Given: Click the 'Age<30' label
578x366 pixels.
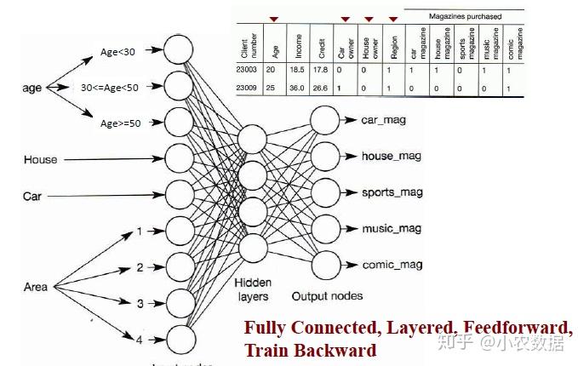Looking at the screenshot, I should [117, 53].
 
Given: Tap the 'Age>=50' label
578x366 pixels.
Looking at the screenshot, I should [121, 123].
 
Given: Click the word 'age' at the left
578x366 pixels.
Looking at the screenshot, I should [31, 88].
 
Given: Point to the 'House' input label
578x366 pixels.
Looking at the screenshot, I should [40, 159].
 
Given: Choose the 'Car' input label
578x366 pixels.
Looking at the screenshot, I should [32, 196].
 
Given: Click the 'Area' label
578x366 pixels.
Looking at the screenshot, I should [36, 288].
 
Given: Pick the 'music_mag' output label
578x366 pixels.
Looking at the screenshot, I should [391, 228].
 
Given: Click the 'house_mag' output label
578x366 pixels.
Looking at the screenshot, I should [391, 156].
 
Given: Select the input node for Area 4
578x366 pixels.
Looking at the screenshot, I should [179, 339].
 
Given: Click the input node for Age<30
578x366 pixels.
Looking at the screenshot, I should [179, 49].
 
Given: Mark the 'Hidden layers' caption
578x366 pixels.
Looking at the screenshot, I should [253, 290].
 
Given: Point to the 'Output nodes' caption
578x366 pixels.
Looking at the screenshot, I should [327, 296].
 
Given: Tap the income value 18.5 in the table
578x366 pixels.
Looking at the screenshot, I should [296, 70].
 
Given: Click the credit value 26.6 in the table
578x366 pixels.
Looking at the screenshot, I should [318, 88].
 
